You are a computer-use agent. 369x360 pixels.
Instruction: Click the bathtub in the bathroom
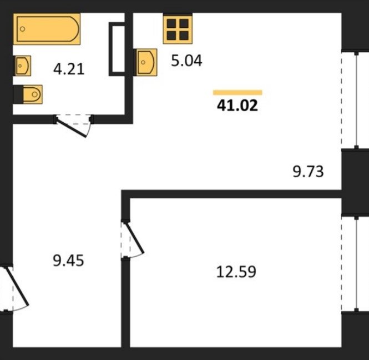point(47,29)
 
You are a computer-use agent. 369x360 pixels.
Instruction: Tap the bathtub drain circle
point(23,29)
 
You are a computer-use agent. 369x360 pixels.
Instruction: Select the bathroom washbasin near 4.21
point(23,66)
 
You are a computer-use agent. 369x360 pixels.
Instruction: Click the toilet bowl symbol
point(33,94)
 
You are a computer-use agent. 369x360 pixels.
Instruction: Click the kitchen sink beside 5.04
point(146,62)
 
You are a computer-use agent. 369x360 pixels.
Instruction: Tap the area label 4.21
point(69,69)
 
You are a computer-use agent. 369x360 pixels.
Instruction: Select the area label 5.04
point(186,61)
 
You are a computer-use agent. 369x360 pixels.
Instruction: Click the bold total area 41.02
point(237,106)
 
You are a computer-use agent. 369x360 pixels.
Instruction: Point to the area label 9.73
point(308,172)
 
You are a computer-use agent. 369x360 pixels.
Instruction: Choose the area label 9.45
point(68,261)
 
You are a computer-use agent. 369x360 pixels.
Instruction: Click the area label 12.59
point(236,272)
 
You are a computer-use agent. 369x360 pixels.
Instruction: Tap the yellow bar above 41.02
point(237,92)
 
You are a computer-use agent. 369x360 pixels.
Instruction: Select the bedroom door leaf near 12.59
point(135,237)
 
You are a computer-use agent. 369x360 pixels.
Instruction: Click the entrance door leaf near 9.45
point(17,286)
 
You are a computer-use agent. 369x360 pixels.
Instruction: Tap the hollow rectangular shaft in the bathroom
point(117,49)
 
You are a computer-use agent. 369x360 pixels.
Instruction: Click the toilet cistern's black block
point(18,94)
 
